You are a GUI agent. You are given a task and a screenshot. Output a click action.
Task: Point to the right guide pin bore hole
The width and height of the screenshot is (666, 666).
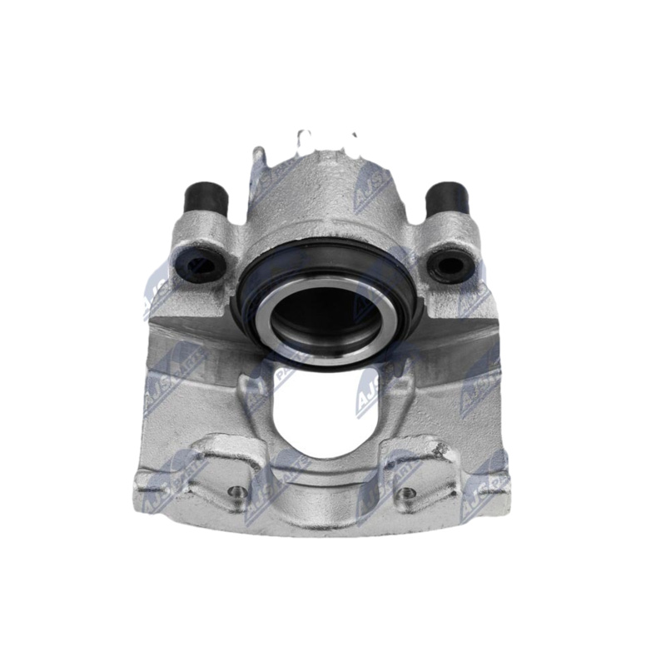[x=452, y=266]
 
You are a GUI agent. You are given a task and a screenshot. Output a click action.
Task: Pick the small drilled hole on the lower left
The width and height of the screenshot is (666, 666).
[x=238, y=491]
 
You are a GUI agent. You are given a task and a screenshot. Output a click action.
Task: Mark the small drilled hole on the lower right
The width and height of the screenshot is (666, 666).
[x=408, y=493]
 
